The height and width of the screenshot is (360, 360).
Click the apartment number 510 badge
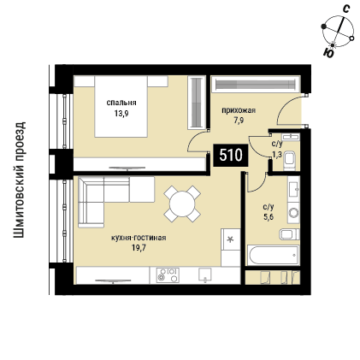[x=231, y=156]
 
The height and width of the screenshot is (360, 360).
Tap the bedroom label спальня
[x=121, y=103]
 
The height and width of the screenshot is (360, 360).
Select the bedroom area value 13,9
[x=121, y=114]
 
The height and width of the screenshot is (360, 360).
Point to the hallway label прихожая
[x=239, y=110]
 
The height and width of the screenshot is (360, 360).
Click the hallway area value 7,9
[x=239, y=121]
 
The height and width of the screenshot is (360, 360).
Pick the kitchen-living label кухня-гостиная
[x=139, y=238]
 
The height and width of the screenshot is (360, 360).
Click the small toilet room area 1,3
[x=275, y=155]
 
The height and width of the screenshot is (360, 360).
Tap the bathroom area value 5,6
[x=269, y=217]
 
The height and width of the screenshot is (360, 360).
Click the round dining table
[x=182, y=204]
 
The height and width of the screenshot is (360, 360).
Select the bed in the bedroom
[x=121, y=106]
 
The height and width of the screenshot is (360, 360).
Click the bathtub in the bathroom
[x=274, y=255]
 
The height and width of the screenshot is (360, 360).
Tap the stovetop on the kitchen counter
[x=168, y=275]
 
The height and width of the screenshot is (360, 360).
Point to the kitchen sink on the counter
[x=205, y=274]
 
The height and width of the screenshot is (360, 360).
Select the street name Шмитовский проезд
[x=20, y=180]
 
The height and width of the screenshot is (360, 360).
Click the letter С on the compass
[x=346, y=9]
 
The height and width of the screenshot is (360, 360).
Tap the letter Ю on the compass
[x=329, y=53]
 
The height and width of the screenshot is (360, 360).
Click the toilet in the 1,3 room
[x=291, y=160]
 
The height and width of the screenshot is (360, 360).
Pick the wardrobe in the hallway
[x=255, y=84]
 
